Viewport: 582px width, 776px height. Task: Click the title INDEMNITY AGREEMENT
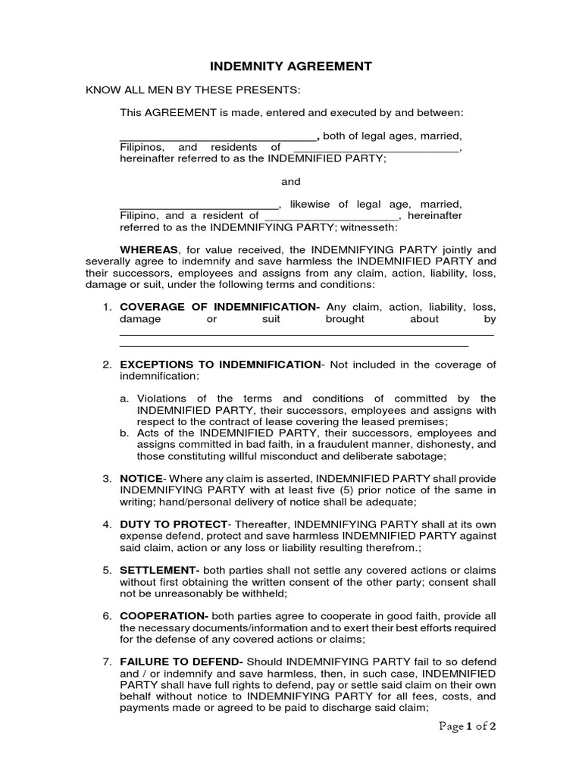[x=291, y=66]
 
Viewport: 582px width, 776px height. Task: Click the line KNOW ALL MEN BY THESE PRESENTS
[x=193, y=90]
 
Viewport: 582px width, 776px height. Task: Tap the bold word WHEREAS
[x=149, y=249]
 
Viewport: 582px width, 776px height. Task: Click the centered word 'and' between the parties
[x=291, y=182]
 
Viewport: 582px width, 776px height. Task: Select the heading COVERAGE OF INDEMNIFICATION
[x=220, y=307]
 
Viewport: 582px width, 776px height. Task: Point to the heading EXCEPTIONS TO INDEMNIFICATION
[x=220, y=365]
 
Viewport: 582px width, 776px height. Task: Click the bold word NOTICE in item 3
[x=141, y=479]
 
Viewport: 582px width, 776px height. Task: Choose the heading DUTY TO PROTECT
[x=174, y=524]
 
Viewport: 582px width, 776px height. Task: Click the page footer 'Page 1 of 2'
[x=470, y=727]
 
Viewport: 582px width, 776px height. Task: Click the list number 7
[x=107, y=662]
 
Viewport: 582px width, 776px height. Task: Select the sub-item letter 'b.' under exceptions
[x=126, y=433]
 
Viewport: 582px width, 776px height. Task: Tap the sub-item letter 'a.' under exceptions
[x=126, y=399]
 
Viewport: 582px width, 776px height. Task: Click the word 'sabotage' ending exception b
[x=421, y=456]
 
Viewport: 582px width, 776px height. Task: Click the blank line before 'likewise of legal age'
[x=199, y=205]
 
